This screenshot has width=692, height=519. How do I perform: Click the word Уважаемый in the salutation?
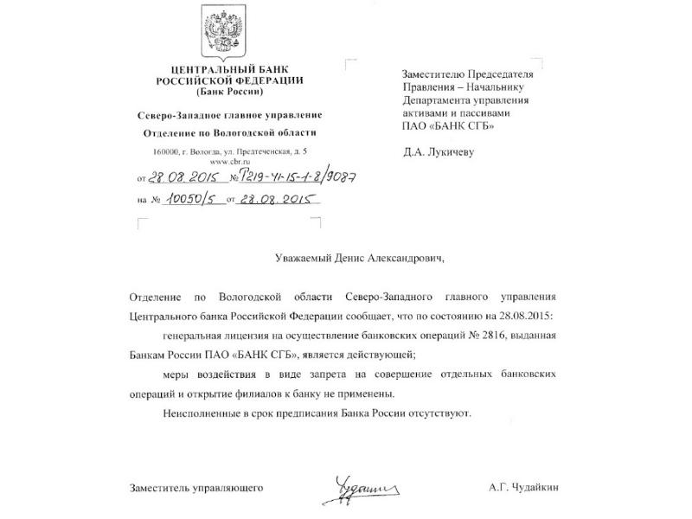[293, 257]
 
